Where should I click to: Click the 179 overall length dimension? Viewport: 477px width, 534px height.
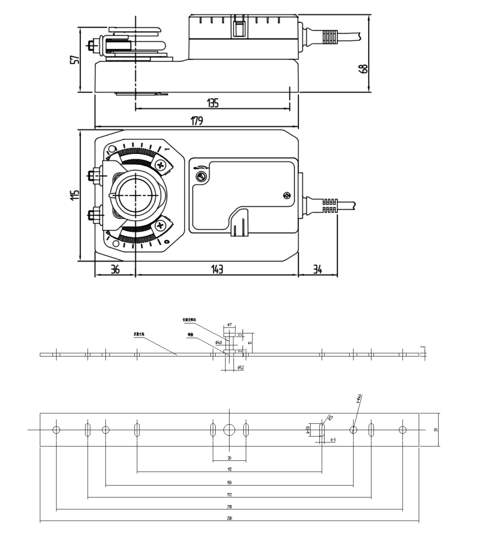[x=197, y=121]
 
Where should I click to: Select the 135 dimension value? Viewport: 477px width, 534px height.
[x=213, y=103]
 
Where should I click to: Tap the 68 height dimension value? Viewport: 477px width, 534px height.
[x=364, y=68]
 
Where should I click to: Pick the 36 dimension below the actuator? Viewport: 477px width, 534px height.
[x=115, y=269]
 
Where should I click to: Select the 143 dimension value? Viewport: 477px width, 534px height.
[x=217, y=269]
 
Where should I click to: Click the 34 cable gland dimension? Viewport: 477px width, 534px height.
[x=317, y=269]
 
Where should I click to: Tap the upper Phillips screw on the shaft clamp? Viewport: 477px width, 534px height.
[x=161, y=165]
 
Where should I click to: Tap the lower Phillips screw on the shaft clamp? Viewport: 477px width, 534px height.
[x=161, y=225]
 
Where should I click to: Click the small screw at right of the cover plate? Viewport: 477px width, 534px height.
[x=287, y=195]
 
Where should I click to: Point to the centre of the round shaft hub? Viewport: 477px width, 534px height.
[x=135, y=195]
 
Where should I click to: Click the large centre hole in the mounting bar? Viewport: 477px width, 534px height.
[x=229, y=429]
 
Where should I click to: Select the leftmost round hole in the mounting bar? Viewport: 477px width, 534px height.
[x=56, y=429]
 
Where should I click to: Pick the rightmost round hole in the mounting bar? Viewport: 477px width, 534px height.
[x=403, y=429]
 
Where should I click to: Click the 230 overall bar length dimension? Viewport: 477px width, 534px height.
[x=229, y=518]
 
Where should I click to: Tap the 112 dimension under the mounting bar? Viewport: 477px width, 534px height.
[x=229, y=469]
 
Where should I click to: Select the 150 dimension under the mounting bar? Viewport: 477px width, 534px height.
[x=229, y=482]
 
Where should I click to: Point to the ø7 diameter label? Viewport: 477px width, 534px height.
[x=229, y=324]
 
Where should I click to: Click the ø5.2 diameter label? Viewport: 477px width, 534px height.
[x=241, y=367]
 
